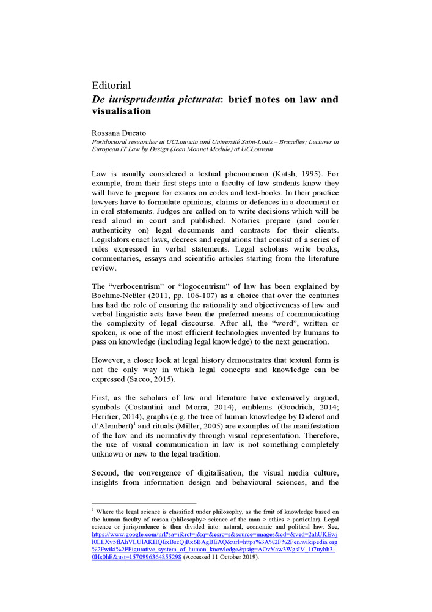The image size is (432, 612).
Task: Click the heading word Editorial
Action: click(x=111, y=85)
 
